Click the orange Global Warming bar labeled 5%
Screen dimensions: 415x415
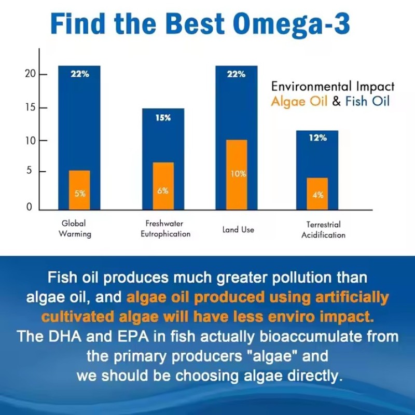79,190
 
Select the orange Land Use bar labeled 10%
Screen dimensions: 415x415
237,174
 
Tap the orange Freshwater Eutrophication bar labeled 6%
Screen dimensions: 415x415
163,186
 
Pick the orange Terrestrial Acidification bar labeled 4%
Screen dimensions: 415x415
317,193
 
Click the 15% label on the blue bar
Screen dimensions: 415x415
163,118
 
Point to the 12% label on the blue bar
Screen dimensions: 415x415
317,138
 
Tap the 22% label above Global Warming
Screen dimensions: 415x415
79,74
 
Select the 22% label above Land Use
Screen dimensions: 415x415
236,74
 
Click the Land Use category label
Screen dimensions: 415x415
238,229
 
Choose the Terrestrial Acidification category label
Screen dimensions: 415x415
323,230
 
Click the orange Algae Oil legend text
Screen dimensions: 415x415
299,101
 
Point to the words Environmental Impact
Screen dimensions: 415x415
333,87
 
